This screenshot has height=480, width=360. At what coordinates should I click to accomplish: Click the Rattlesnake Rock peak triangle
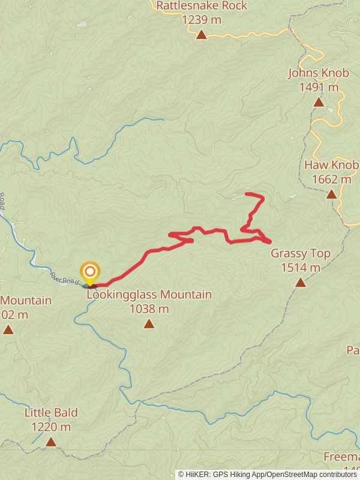202,35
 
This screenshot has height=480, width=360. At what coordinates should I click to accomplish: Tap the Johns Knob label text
318,73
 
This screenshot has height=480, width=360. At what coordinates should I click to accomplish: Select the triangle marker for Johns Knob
319,102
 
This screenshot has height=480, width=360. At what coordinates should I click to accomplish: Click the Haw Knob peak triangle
331,194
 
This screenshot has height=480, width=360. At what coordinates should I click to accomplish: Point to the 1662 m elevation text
331,179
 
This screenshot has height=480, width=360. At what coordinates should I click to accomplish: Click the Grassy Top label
300,253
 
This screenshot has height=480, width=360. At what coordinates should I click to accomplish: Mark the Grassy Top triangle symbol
300,283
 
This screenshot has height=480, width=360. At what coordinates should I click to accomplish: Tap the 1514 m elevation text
300,268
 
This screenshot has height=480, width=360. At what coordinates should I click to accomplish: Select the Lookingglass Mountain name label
149,295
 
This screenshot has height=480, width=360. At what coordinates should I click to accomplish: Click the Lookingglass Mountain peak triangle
149,324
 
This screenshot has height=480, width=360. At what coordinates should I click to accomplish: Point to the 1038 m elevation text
149,309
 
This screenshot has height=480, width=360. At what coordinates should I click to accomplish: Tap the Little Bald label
51,413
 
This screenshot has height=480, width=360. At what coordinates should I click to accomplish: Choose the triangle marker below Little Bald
51,442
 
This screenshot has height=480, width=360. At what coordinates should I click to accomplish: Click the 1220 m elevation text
51,427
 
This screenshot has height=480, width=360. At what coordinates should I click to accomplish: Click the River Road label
64,278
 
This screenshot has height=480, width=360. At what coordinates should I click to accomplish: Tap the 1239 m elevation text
202,20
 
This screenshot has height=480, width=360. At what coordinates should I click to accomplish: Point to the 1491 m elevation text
318,88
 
